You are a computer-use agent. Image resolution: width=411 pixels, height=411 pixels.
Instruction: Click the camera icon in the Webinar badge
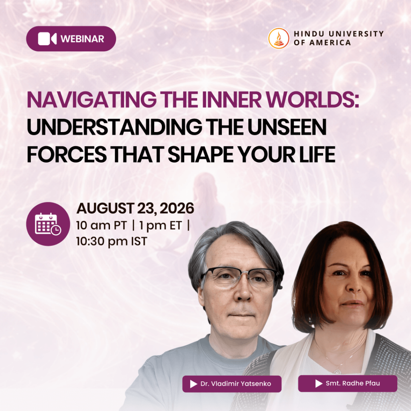pos(47,39)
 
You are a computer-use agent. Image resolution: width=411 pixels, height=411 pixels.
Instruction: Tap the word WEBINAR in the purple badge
pos(82,39)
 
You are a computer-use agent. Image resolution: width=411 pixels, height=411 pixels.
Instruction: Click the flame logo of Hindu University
pos(279,38)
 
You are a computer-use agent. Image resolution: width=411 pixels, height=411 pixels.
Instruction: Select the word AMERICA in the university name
pos(330,43)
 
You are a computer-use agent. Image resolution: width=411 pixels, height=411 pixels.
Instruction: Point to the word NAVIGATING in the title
pos(92,100)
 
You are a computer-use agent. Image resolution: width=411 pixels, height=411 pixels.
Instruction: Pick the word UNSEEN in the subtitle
pos(287,127)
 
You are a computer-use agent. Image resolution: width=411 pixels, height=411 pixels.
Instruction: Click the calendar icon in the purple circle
pos(48,224)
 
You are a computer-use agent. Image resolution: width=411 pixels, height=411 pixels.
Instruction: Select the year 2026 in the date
pos(177,208)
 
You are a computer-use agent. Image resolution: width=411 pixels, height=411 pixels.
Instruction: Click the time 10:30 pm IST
pos(112,241)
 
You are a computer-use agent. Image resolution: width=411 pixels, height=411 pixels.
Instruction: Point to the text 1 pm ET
pos(161,226)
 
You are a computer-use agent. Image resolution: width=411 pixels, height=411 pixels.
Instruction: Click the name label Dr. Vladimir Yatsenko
pos(232,384)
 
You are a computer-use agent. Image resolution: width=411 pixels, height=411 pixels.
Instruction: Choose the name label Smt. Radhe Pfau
pos(348,383)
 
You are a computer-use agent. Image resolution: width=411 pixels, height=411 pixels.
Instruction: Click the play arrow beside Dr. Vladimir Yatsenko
pos(193,384)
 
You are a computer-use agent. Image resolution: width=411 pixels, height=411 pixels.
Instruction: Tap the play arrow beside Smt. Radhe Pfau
pos(319,383)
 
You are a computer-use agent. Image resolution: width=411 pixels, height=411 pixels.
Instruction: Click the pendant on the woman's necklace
pos(337,371)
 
